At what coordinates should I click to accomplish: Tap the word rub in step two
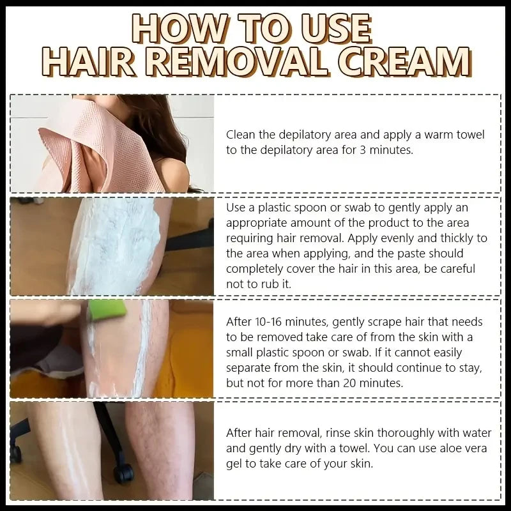[264, 283]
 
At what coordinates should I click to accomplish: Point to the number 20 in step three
[365, 383]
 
